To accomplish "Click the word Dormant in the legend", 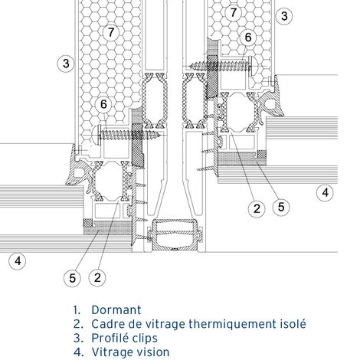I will [116, 310].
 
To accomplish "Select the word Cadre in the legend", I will [108, 324].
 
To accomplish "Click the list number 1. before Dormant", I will [77, 310].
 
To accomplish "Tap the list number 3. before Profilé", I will [77, 338].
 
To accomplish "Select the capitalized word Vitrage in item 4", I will [112, 352].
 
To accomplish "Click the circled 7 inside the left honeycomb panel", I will [112, 32].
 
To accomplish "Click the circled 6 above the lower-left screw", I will [105, 105].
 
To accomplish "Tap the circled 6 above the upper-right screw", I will [248, 37].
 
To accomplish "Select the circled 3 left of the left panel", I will [66, 63].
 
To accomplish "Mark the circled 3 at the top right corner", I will [284, 15].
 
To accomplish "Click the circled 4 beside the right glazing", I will [326, 192].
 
